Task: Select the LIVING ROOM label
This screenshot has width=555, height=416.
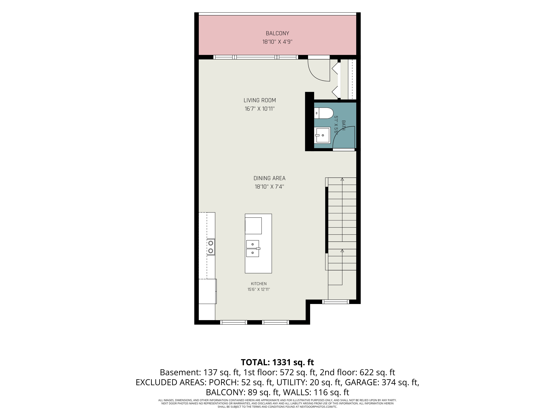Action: coord(260,100)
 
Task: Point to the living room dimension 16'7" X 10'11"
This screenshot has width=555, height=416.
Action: coord(260,109)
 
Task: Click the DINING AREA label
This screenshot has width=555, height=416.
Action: coord(269,178)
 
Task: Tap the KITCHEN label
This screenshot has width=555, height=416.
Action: coord(259,284)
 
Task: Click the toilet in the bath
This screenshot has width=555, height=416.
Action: coord(323,113)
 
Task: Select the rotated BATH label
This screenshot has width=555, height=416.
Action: coord(344,125)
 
